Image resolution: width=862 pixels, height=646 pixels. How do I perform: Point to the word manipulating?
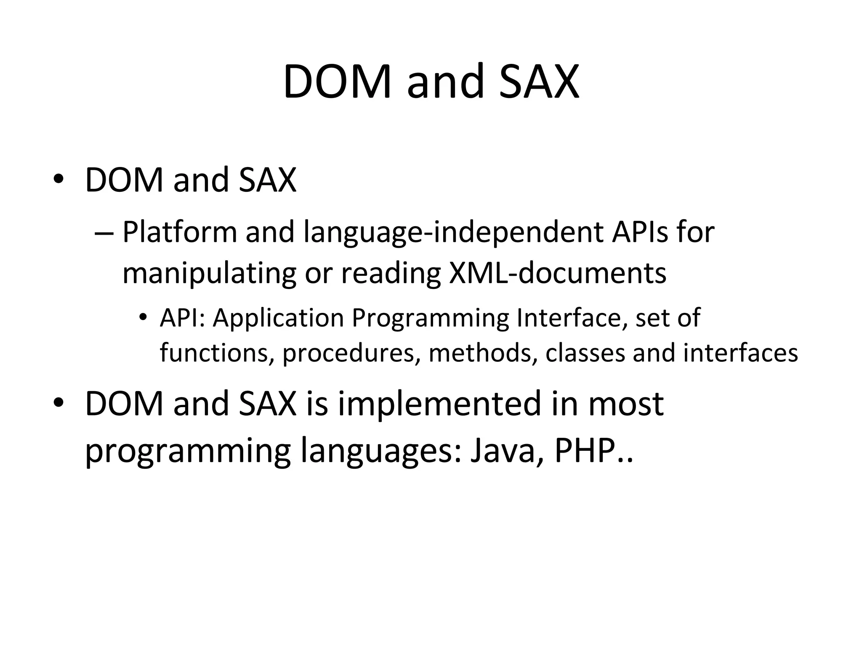pyautogui.click(x=209, y=273)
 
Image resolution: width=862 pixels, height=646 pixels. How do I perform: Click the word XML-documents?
pyautogui.click(x=558, y=273)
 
